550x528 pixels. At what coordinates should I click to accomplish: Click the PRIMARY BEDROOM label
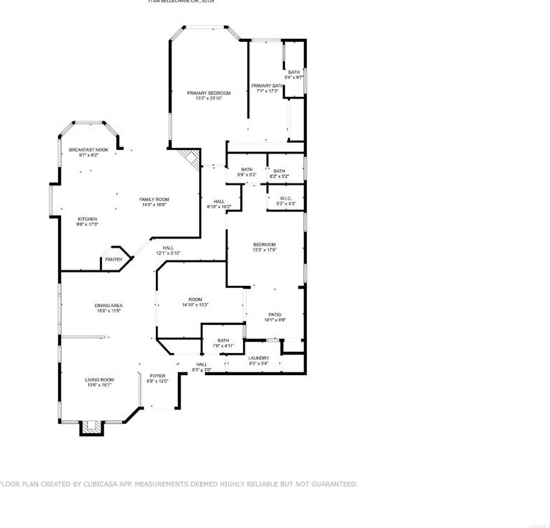point(208,93)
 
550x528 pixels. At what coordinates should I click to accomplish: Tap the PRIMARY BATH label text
point(266,86)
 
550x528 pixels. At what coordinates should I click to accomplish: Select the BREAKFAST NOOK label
point(88,150)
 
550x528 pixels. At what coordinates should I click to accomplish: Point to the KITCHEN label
point(87,219)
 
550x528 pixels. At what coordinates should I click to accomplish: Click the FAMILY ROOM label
point(154,200)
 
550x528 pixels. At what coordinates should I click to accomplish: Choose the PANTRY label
point(113,260)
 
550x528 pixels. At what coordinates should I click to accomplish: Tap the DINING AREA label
point(108,306)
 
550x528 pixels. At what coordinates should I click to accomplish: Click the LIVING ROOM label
point(100,379)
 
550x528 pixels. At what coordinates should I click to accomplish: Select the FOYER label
point(157,376)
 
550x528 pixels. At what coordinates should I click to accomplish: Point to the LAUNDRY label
point(259,358)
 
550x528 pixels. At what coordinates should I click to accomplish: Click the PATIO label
point(275,314)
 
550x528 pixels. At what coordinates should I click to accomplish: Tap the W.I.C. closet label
point(286,198)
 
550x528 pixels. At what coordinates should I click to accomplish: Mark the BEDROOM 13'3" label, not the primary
point(264,245)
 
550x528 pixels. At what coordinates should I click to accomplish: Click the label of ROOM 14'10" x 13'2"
point(195,299)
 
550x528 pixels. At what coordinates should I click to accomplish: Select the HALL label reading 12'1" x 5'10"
point(168,248)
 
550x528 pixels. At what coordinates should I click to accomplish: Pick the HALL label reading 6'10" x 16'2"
point(219,202)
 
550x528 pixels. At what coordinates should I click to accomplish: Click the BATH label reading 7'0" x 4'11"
point(223,340)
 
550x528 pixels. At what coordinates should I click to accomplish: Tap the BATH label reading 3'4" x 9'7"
point(293,72)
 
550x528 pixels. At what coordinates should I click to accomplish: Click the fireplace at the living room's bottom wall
point(90,427)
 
